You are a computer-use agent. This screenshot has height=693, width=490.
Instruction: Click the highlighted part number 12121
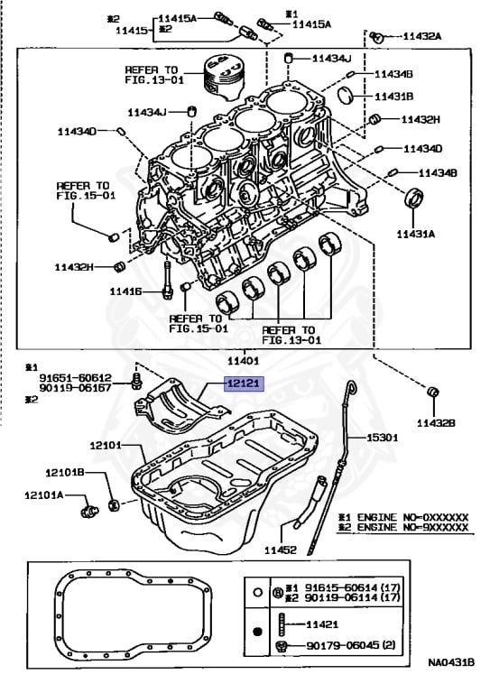click(x=245, y=383)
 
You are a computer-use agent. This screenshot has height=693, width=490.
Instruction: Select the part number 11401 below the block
click(x=243, y=361)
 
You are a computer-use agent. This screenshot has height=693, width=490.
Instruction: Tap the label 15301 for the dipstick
click(x=383, y=438)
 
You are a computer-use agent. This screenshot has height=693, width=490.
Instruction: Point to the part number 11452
click(x=281, y=550)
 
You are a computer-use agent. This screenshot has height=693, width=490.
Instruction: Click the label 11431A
click(x=415, y=234)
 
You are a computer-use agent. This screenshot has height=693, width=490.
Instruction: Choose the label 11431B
click(x=394, y=97)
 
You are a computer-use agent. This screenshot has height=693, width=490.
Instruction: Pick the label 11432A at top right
click(x=422, y=36)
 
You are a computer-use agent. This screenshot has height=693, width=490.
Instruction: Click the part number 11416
click(x=126, y=291)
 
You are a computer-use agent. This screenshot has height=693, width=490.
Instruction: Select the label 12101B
click(x=65, y=473)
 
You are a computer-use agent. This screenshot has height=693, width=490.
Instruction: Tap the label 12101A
click(x=43, y=495)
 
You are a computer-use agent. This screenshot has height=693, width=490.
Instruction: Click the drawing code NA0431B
click(x=451, y=662)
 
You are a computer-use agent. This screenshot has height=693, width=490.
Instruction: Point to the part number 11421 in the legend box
click(x=322, y=624)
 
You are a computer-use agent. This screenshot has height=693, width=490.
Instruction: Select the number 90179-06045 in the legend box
click(x=343, y=645)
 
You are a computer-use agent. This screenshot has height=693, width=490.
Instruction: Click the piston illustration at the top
click(x=224, y=77)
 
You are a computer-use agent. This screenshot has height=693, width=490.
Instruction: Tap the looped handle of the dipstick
click(x=351, y=388)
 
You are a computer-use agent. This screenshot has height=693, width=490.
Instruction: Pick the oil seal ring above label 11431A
click(x=414, y=197)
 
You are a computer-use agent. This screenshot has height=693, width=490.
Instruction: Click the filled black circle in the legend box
click(x=258, y=632)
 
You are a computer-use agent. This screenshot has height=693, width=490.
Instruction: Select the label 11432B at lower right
click(x=436, y=423)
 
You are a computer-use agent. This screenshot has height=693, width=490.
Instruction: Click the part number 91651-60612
click(x=76, y=378)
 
